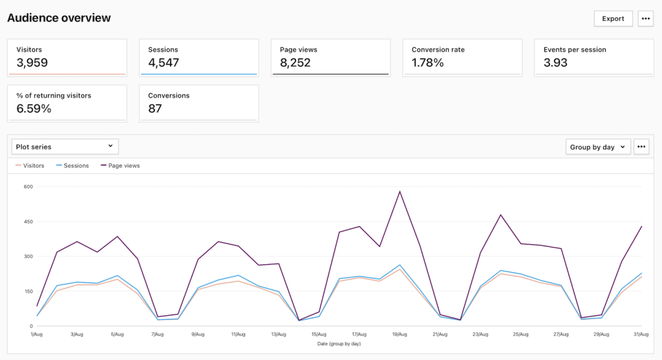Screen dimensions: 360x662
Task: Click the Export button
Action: [x=613, y=19]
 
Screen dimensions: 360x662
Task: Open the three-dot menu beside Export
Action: [x=645, y=19]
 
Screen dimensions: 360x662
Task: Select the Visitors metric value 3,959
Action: [x=32, y=63]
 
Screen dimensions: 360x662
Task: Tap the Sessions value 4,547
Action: [x=164, y=63]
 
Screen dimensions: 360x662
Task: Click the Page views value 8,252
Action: [x=295, y=63]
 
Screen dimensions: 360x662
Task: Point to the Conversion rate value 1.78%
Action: [x=428, y=63]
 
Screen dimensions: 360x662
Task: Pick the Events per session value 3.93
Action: [x=556, y=63]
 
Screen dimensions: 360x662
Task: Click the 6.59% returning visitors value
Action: [x=34, y=109]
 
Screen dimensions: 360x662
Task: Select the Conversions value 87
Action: [x=155, y=109]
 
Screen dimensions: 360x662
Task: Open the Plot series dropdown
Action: [x=65, y=147]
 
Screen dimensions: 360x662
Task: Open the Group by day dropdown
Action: [x=597, y=147]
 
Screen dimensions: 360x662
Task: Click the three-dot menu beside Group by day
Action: [x=641, y=147]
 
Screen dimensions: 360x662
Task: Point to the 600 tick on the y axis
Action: [x=28, y=187]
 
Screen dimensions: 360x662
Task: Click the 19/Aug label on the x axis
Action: [x=400, y=334]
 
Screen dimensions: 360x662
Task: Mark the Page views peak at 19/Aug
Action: [x=400, y=191]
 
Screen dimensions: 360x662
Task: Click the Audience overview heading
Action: [x=59, y=18]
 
